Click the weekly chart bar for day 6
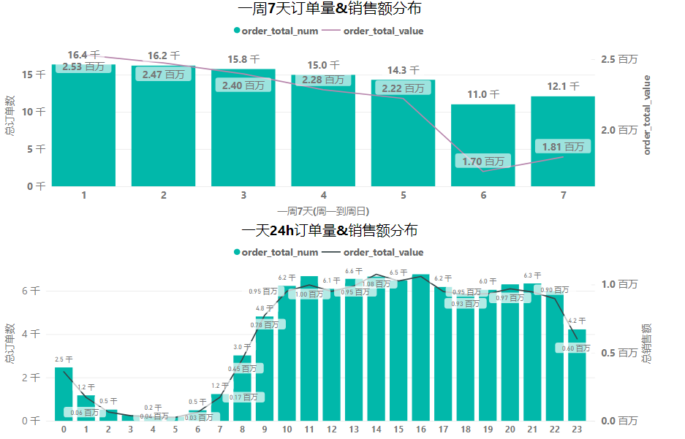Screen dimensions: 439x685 coord(482,145)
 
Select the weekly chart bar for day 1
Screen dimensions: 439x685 coord(84,131)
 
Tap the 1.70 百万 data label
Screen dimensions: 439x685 coord(483,161)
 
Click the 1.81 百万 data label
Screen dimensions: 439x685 coord(563,147)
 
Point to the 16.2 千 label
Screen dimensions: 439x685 coord(163,56)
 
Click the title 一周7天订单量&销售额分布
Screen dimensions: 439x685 coord(329,9)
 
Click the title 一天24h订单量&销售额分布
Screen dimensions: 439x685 coord(329,231)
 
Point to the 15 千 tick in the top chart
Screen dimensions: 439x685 coord(34,75)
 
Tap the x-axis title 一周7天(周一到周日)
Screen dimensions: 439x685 coord(322,210)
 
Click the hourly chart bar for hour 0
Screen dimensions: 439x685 coord(64,394)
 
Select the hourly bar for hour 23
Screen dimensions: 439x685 coord(577,380)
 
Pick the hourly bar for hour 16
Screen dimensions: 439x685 coord(420,351)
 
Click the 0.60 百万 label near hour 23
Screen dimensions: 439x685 coord(572,348)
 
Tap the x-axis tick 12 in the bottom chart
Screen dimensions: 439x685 coord(331,430)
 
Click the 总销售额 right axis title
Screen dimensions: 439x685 coord(646,343)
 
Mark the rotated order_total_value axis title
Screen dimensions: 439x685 coord(646,114)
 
